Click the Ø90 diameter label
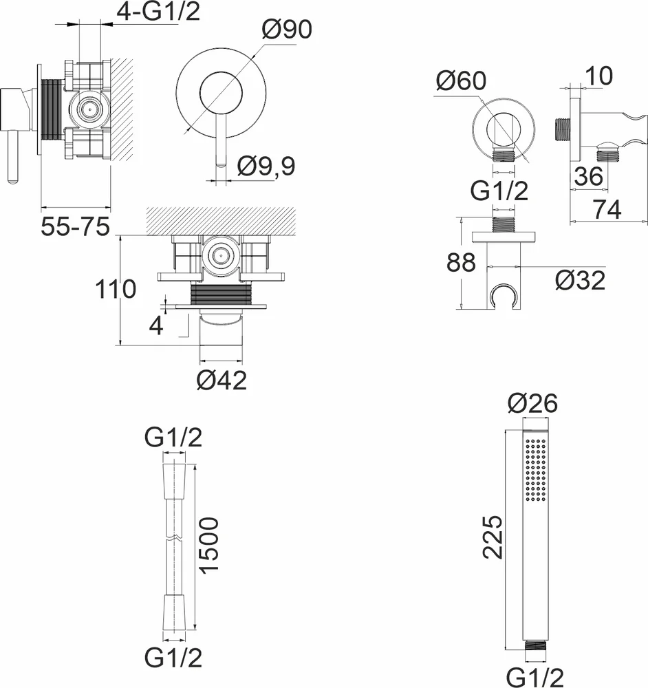tap(287, 30)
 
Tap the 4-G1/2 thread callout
tap(158, 12)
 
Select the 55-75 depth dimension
tap(75, 226)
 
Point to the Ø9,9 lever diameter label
tap(266, 166)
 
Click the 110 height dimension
tap(116, 290)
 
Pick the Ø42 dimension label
tap(222, 380)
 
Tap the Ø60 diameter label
tap(461, 80)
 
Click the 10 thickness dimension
tap(599, 76)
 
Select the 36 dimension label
tap(589, 176)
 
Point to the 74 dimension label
tap(607, 209)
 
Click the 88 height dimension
tap(461, 263)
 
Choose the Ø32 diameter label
tap(580, 280)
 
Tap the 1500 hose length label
tap(208, 546)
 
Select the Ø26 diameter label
tap(532, 402)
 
